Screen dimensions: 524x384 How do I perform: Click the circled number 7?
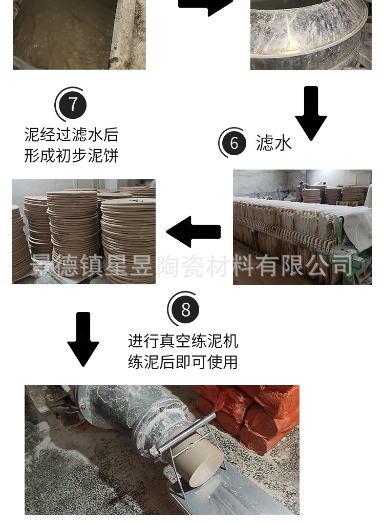click(x=72, y=104)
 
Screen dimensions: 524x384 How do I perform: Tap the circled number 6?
click(x=234, y=143)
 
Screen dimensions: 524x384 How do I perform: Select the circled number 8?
click(x=185, y=310)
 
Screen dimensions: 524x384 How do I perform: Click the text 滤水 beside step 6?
click(x=274, y=143)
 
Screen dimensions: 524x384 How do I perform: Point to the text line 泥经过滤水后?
click(x=71, y=135)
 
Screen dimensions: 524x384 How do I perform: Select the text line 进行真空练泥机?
click(x=183, y=341)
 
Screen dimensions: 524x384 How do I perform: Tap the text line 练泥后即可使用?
click(x=183, y=362)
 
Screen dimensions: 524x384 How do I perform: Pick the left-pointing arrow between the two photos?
click(x=193, y=232)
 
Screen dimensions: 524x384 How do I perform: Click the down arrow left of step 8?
click(x=83, y=339)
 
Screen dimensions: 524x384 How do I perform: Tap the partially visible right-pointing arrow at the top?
click(x=205, y=6)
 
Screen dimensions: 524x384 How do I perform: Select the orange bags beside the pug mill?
click(x=256, y=415)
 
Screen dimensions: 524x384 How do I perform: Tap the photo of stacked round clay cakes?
click(x=83, y=232)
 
